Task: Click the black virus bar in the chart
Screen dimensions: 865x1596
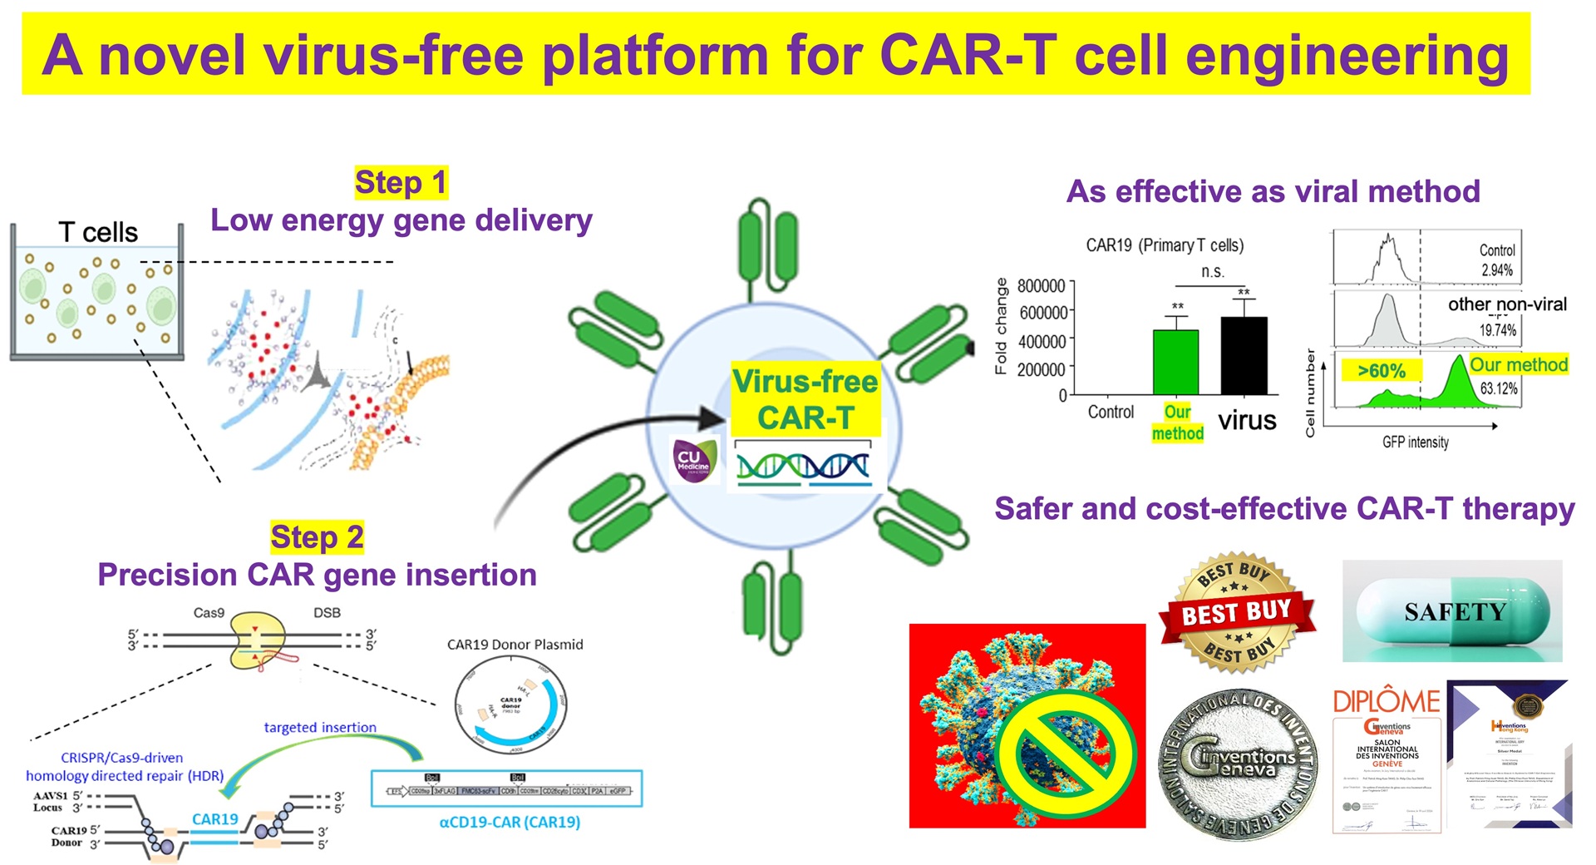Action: [x=1244, y=355]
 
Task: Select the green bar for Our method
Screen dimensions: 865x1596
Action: [x=1175, y=362]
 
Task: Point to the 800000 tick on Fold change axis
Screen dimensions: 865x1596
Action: [x=1041, y=286]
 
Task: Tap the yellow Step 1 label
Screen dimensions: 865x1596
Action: [x=401, y=182]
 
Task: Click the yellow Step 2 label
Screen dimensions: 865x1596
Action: [x=317, y=537]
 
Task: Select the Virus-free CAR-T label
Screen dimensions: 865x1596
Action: [x=805, y=399]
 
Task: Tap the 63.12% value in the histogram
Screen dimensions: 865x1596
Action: [x=1498, y=388]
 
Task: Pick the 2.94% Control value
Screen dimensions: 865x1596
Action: [x=1496, y=270]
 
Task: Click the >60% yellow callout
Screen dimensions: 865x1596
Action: [x=1381, y=371]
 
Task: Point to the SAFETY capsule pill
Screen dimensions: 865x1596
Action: [x=1452, y=612]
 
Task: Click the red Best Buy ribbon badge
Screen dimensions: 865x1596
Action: [x=1237, y=613]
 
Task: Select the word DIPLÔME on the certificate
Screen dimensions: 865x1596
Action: [x=1386, y=701]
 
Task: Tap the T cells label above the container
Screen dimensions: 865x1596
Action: [x=98, y=232]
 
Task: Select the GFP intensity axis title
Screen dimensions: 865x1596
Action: [x=1415, y=442]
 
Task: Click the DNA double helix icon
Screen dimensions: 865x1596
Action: [x=803, y=467]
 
